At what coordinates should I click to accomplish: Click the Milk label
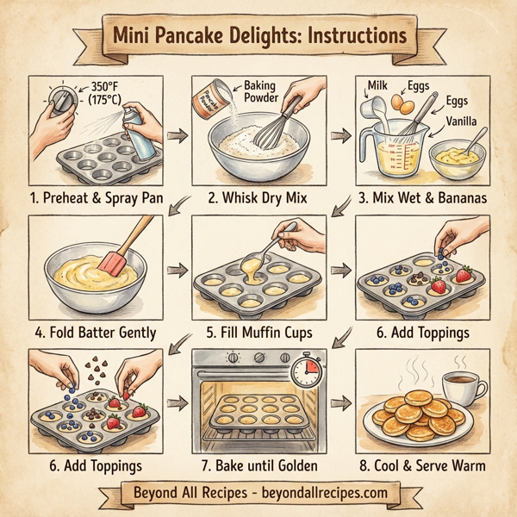coord(380,84)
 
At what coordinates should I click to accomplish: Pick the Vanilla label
coord(464,122)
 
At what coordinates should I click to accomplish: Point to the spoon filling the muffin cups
coord(279,242)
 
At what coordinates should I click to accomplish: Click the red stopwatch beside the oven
coord(306,372)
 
